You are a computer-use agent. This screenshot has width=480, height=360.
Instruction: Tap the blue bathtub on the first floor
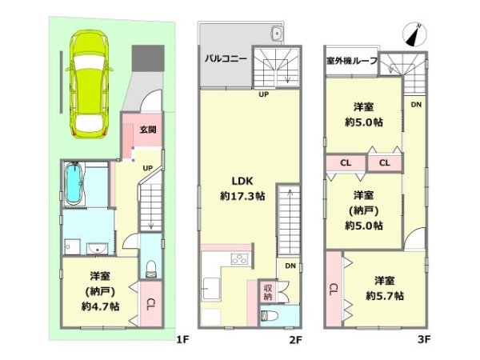(73, 182)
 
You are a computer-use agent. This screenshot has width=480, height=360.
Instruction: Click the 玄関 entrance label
(148, 130)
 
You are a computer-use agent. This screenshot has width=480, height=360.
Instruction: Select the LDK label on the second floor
(242, 181)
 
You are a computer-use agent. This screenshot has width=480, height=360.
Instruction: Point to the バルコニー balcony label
(226, 58)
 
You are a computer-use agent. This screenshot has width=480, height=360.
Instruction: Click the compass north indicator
(414, 34)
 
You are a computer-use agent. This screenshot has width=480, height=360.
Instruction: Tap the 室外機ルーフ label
(352, 61)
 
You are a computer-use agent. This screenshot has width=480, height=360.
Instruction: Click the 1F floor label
(182, 339)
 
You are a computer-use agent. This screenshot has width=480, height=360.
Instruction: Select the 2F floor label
(296, 339)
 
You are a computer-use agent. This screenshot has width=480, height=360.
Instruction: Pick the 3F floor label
(424, 339)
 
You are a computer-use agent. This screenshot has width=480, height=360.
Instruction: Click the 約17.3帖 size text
(242, 196)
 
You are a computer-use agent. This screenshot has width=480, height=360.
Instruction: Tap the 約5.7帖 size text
(385, 296)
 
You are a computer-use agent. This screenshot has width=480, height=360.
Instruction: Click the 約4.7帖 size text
(100, 306)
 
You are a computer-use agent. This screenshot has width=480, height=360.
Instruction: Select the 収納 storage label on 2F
(267, 292)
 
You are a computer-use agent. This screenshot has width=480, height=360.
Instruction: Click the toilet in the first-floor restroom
(150, 269)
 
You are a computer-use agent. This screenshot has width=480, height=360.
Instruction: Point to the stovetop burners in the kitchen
(239, 259)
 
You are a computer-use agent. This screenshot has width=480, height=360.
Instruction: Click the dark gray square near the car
(148, 58)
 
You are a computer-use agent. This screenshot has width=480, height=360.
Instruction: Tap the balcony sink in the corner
(277, 33)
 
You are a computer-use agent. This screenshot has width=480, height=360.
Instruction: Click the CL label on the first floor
(150, 305)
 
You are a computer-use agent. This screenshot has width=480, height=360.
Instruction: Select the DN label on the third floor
(416, 105)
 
